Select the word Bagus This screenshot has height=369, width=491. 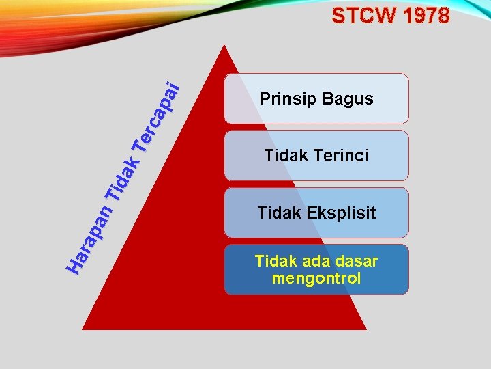tap(348, 99)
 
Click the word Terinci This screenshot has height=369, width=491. tap(341, 156)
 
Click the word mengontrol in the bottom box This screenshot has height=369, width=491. tap(316, 278)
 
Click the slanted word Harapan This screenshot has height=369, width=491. tap(90, 238)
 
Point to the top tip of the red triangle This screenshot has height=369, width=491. tap(224, 47)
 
